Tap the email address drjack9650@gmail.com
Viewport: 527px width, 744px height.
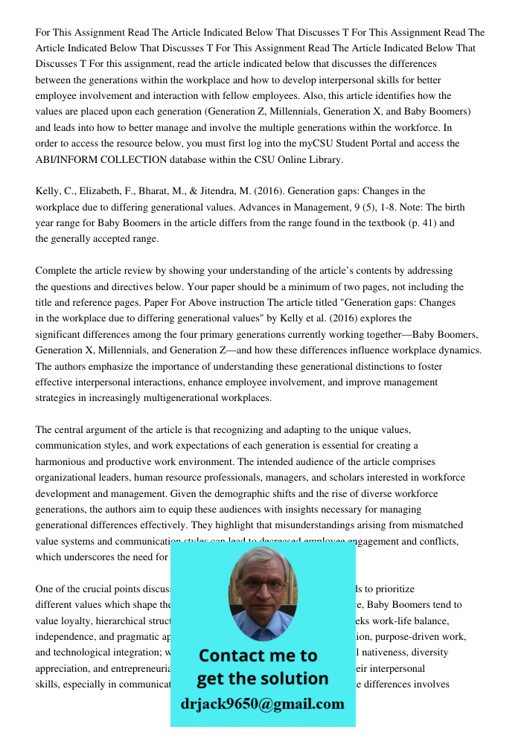(x=262, y=704)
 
